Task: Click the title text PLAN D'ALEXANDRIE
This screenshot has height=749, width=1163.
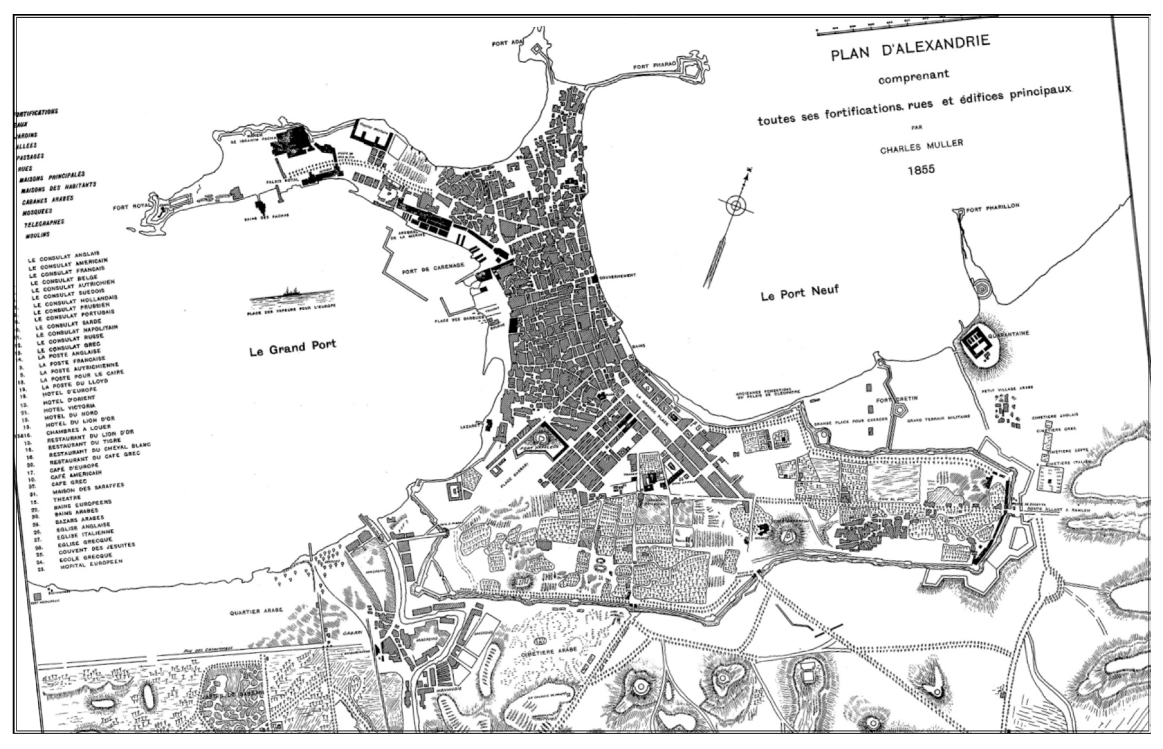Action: click(x=910, y=49)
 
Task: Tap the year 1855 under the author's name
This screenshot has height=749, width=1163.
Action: click(x=921, y=169)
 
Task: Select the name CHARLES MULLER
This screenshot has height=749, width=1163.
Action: click(x=921, y=146)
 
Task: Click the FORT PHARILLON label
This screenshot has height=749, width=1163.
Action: click(x=992, y=208)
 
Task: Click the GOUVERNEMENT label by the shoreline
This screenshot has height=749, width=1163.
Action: click(x=617, y=276)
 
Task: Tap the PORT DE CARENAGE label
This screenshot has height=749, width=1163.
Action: click(x=433, y=268)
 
